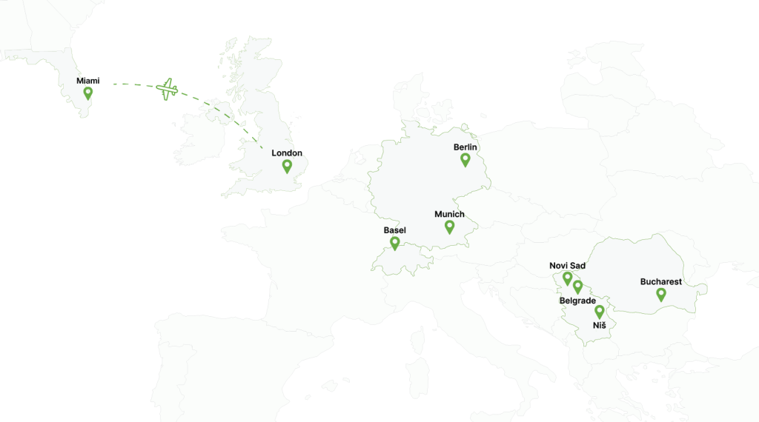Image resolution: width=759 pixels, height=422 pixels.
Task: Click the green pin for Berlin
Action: (x=465, y=159)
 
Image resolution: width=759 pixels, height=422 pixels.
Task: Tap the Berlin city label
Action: (x=465, y=147)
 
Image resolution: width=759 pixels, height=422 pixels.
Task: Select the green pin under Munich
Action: (x=449, y=227)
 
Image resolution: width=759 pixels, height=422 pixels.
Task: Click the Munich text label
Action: (x=449, y=215)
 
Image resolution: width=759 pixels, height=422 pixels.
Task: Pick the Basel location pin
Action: (x=395, y=242)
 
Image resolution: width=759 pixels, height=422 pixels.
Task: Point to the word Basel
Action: (x=395, y=230)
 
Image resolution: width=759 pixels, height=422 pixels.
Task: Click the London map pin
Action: (x=287, y=166)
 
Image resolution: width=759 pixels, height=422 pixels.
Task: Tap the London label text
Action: (x=285, y=153)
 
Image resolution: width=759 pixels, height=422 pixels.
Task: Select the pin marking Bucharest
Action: (x=661, y=294)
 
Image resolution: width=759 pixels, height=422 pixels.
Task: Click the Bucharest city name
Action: (x=661, y=282)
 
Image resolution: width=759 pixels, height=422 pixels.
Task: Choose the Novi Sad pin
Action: (x=567, y=278)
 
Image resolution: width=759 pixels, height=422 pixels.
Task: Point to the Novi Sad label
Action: (x=567, y=266)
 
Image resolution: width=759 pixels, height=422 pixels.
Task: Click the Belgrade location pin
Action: (x=577, y=287)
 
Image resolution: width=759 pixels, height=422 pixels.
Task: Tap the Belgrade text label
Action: (x=577, y=301)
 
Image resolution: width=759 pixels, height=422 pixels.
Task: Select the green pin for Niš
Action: (x=600, y=312)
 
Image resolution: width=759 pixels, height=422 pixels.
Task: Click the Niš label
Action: (x=600, y=326)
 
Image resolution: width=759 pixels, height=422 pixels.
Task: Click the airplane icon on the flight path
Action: (x=168, y=90)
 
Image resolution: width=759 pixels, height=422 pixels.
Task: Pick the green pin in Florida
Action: (x=88, y=93)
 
